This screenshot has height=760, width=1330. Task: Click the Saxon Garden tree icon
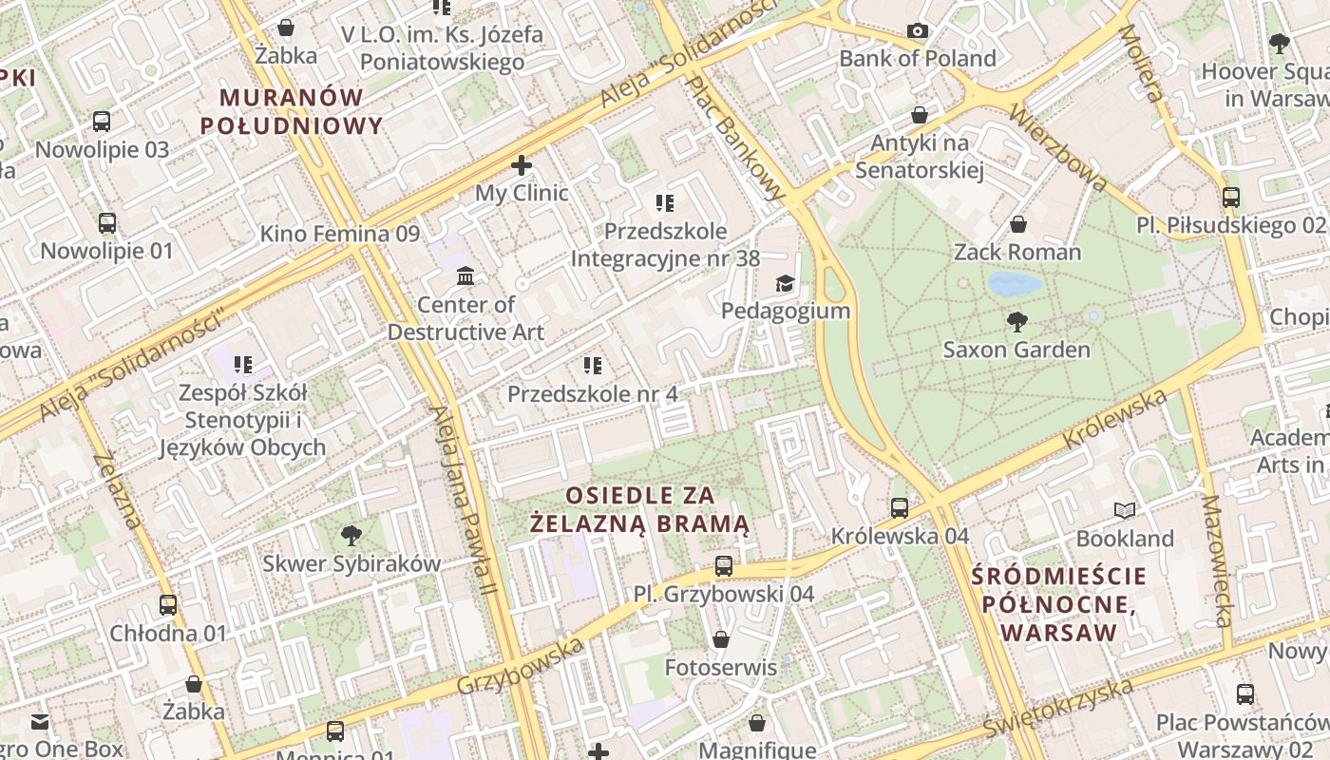click(x=1017, y=321)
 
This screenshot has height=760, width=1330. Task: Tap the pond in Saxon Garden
click(x=1014, y=284)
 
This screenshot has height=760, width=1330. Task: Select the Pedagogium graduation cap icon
click(x=785, y=283)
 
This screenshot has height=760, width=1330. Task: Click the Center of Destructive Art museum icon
click(x=465, y=276)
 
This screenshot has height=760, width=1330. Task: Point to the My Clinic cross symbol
click(x=521, y=165)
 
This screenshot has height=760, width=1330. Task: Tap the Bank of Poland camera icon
click(x=917, y=31)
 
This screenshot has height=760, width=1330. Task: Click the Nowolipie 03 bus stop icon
click(x=102, y=122)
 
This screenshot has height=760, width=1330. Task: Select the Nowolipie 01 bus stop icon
click(x=107, y=223)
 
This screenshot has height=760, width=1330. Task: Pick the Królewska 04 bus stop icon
click(x=900, y=508)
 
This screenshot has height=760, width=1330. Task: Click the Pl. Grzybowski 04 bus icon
click(x=724, y=566)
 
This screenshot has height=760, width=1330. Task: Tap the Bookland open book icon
click(x=1125, y=511)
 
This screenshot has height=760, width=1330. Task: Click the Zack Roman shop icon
click(x=1017, y=224)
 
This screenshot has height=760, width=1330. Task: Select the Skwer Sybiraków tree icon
click(x=351, y=535)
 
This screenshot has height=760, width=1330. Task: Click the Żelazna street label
click(x=119, y=489)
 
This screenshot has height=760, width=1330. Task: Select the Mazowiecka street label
click(x=1215, y=560)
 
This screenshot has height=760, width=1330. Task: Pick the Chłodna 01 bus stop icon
click(x=168, y=605)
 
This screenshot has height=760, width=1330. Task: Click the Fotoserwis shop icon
click(x=721, y=639)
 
